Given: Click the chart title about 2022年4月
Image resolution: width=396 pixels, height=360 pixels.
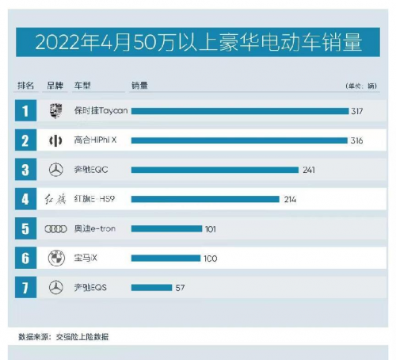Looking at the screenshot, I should click(198, 40).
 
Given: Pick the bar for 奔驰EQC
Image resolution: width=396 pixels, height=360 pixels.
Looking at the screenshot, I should click(215, 170).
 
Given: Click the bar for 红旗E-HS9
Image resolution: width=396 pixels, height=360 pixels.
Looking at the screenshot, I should click(205, 199).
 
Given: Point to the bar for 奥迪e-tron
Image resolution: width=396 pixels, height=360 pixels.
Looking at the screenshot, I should click(166, 228).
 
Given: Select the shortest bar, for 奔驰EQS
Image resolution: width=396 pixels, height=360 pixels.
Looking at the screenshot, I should click(151, 287).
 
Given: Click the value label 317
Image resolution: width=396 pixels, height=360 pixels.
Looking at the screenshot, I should click(357, 111).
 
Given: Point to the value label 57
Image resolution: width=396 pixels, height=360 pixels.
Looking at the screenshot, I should click(180, 287).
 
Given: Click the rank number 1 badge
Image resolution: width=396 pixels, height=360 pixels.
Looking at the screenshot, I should click(25, 111).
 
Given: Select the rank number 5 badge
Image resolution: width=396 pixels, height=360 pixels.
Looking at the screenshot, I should click(25, 228).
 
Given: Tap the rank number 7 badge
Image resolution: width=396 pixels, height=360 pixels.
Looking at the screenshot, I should click(25, 287).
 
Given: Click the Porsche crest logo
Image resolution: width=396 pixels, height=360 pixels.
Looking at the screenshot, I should click(55, 111).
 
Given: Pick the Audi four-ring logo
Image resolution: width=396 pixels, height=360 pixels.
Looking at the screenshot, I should click(55, 228).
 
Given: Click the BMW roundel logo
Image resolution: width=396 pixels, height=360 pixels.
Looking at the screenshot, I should click(55, 258).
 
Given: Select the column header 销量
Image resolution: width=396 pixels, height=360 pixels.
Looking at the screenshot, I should click(139, 85).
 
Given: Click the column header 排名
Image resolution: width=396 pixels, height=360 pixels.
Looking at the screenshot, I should click(25, 85).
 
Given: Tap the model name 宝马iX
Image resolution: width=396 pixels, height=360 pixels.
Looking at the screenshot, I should click(86, 258).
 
